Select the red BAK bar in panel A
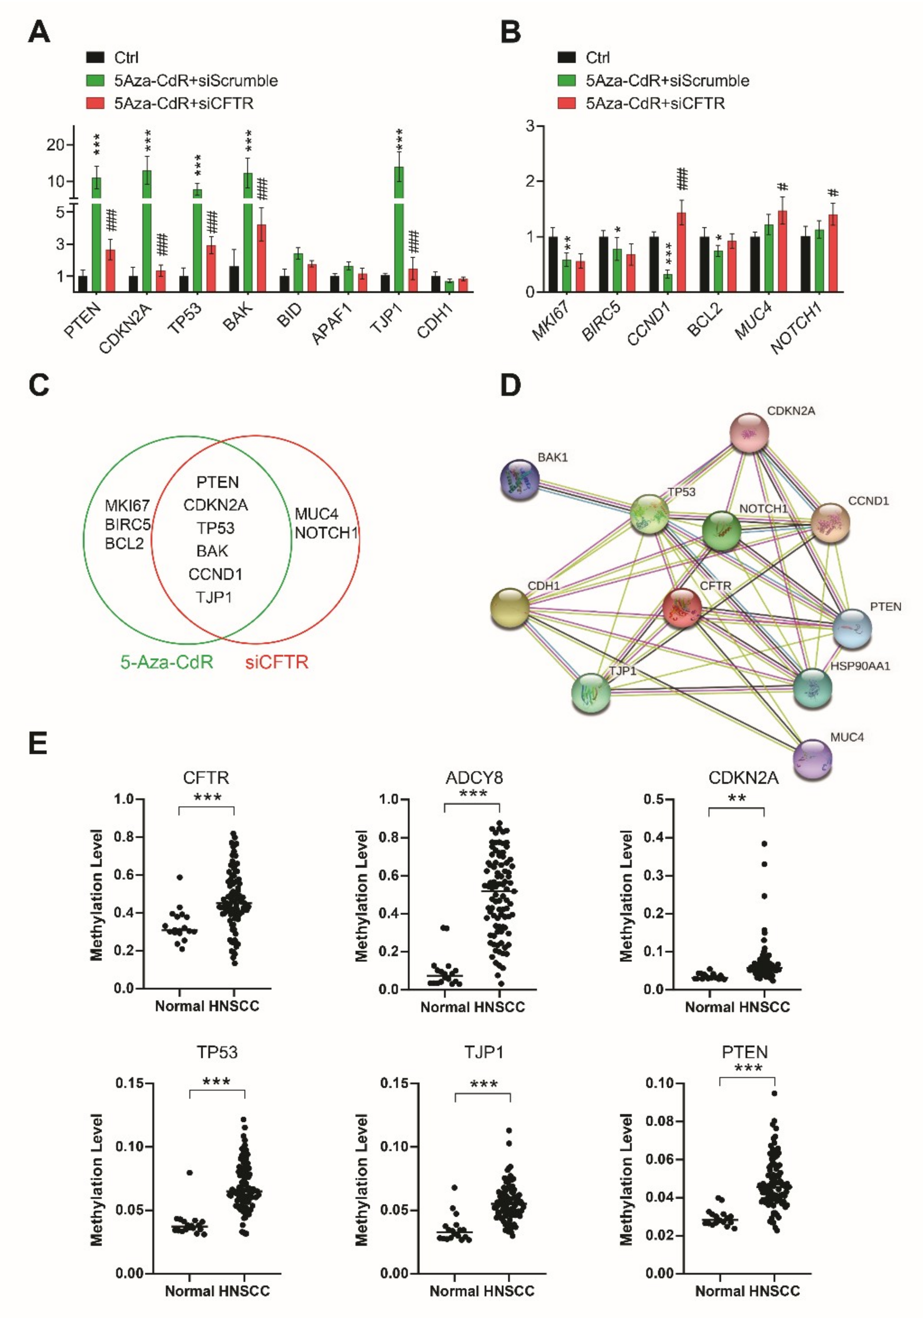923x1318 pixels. tap(261, 258)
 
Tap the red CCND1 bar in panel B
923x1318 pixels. tap(681, 253)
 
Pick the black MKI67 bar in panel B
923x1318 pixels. tap(552, 264)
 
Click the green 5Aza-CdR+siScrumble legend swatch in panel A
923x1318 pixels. tap(95, 80)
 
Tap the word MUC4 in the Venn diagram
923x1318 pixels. tap(316, 514)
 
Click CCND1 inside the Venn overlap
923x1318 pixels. tap(216, 574)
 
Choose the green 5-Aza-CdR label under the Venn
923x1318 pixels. tap(167, 662)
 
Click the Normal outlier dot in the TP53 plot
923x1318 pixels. tap(190, 1173)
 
